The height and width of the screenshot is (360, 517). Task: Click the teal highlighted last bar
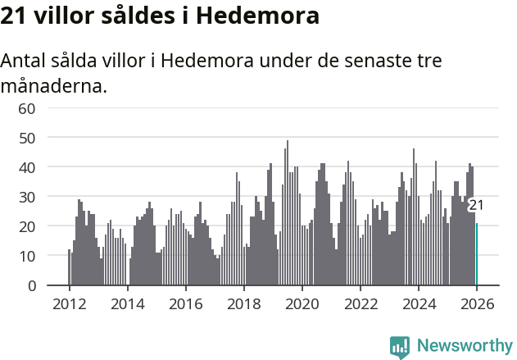click(477, 254)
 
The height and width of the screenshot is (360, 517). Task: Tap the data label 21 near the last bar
click(475, 205)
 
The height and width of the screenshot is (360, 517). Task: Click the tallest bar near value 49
click(287, 213)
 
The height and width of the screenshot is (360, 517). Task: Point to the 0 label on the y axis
click(31, 285)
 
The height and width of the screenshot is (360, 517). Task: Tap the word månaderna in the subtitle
click(53, 84)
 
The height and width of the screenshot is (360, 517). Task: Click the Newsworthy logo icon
click(400, 347)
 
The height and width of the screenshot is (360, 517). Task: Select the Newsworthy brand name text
click(464, 346)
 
